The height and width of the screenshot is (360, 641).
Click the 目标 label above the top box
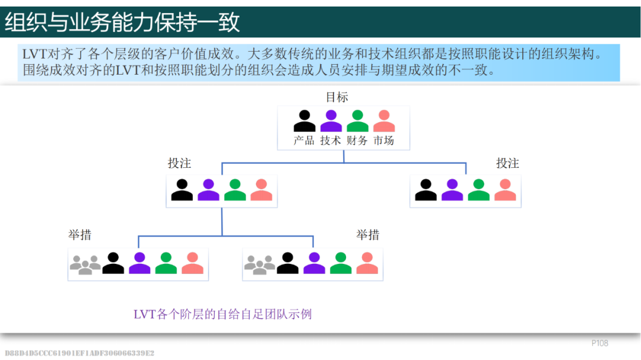[337, 97]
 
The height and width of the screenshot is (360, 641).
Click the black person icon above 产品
[304, 121]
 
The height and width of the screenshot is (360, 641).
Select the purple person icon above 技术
[331, 121]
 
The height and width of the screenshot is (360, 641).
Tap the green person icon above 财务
[357, 121]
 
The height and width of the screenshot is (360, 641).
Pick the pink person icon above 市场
[384, 121]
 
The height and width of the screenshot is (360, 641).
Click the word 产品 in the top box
[304, 141]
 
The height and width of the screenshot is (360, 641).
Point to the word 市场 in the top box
[383, 141]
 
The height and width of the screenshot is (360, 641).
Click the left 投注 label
[179, 163]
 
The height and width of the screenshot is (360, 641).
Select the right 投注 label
[507, 163]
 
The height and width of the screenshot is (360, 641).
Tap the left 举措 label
[80, 235]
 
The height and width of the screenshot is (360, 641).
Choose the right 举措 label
[367, 235]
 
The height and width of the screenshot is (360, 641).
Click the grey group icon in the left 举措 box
[85, 264]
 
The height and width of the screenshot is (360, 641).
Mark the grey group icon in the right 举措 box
[259, 264]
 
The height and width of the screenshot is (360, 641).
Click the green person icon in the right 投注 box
[478, 190]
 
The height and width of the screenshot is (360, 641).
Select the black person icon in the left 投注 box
[182, 190]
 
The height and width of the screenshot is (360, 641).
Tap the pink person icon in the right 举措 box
[367, 263]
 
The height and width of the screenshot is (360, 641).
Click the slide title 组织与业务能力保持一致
[123, 23]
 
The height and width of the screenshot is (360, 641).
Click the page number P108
[599, 343]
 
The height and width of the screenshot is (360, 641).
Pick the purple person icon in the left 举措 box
[139, 263]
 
